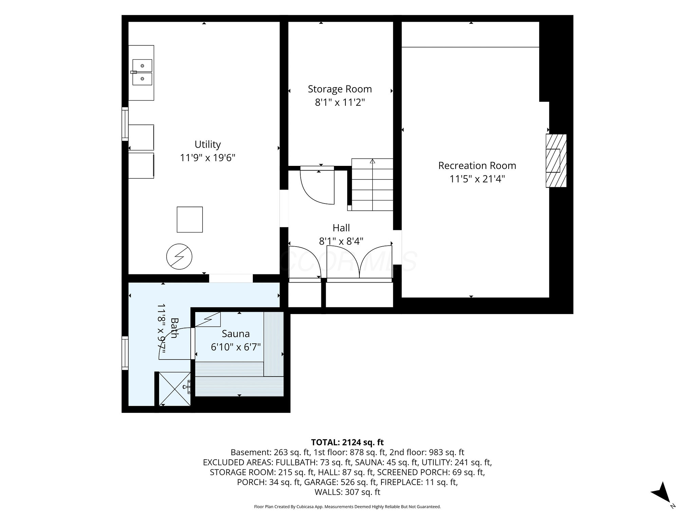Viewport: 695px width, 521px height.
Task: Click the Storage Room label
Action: click(x=340, y=89)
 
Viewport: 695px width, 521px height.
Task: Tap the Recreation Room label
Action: click(x=477, y=166)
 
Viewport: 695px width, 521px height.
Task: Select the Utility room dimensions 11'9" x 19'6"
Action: click(x=208, y=158)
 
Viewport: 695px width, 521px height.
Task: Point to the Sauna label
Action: click(x=236, y=334)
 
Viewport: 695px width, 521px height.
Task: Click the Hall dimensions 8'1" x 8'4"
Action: click(x=341, y=241)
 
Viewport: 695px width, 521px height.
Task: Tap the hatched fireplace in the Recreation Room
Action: click(x=556, y=161)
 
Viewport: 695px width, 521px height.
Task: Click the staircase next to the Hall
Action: click(x=372, y=185)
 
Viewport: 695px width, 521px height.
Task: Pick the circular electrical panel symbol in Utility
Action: click(x=179, y=256)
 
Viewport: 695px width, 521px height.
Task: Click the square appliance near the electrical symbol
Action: click(x=190, y=219)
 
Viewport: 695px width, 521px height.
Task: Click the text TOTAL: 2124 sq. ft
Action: click(x=347, y=442)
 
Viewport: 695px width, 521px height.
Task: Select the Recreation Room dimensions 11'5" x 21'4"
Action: click(x=477, y=179)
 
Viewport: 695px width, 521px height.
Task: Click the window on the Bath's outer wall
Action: click(x=125, y=353)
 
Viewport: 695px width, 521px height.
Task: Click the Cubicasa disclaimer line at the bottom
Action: click(x=347, y=507)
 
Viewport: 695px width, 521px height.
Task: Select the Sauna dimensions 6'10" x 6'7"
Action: click(x=236, y=347)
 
